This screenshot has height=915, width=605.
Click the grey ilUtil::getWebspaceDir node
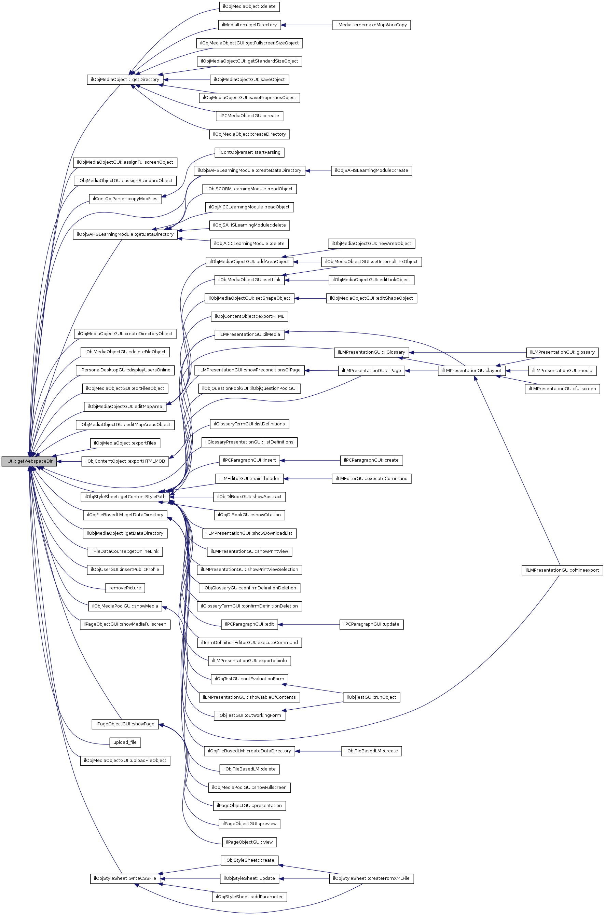(x=29, y=461)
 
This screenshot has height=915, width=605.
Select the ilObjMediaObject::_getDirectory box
(x=125, y=80)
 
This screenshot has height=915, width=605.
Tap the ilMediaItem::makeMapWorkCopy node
(x=371, y=25)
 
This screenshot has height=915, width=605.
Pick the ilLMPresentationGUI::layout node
(x=471, y=370)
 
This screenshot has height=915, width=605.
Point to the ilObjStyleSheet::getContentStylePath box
(x=125, y=497)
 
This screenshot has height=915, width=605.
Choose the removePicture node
(x=125, y=588)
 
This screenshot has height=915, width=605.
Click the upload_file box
(x=125, y=742)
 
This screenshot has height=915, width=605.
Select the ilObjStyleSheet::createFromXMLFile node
(x=371, y=878)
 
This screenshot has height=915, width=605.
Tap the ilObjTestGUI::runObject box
(x=371, y=697)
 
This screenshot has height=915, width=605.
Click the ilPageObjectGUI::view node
(x=249, y=842)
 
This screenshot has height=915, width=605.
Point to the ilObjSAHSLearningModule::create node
(x=371, y=170)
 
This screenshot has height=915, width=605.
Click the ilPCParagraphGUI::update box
(x=371, y=624)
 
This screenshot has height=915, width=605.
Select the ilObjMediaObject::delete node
(x=249, y=6)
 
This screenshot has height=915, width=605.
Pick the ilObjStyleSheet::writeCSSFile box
(x=125, y=878)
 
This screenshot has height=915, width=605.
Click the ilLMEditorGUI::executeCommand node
(x=371, y=479)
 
